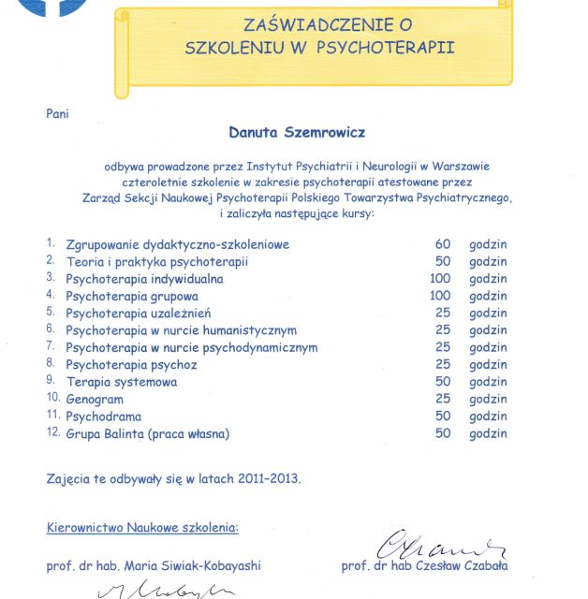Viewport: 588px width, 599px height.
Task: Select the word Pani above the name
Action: click(57, 113)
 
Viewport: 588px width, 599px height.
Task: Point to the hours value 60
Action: click(443, 244)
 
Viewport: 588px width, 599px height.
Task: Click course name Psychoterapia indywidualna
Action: click(144, 279)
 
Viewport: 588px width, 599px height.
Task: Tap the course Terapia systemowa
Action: click(122, 382)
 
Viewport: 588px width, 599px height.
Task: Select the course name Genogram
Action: click(95, 400)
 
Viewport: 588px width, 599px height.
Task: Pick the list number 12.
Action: click(52, 433)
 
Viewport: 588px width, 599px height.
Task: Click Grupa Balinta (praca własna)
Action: click(148, 434)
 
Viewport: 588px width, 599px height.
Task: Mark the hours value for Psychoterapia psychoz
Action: click(443, 364)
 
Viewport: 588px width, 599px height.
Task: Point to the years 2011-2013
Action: click(268, 478)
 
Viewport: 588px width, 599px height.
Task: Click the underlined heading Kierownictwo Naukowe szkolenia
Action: click(142, 527)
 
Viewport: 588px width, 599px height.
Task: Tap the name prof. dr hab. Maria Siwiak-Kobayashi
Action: click(154, 566)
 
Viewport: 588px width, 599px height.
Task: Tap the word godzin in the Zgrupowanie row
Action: click(488, 244)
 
